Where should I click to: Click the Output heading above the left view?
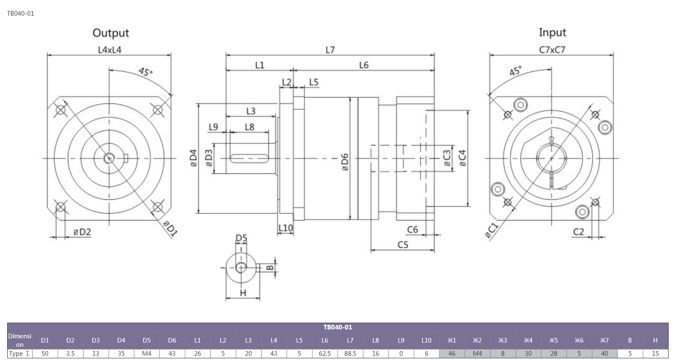tap(111, 33)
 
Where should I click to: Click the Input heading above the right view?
tap(552, 33)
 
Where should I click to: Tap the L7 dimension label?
tap(330, 50)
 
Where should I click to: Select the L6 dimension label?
tap(364, 65)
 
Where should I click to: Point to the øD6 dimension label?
tap(345, 162)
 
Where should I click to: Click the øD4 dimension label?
tap(193, 158)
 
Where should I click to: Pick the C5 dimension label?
tap(403, 245)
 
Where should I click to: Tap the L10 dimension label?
tap(285, 228)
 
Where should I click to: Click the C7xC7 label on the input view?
tap(552, 50)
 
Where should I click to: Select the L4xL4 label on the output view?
tap(110, 50)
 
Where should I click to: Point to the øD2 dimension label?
tap(82, 232)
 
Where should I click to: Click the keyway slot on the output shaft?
tap(249, 159)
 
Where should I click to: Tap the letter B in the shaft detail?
tap(270, 268)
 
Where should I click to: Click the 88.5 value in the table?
tap(350, 353)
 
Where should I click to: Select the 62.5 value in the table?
tap(324, 353)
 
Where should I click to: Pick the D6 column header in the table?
tap(172, 340)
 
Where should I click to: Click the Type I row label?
tap(19, 353)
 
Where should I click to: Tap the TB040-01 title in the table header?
tap(337, 327)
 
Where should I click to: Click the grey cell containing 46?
tap(452, 353)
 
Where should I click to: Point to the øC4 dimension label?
tap(463, 158)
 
